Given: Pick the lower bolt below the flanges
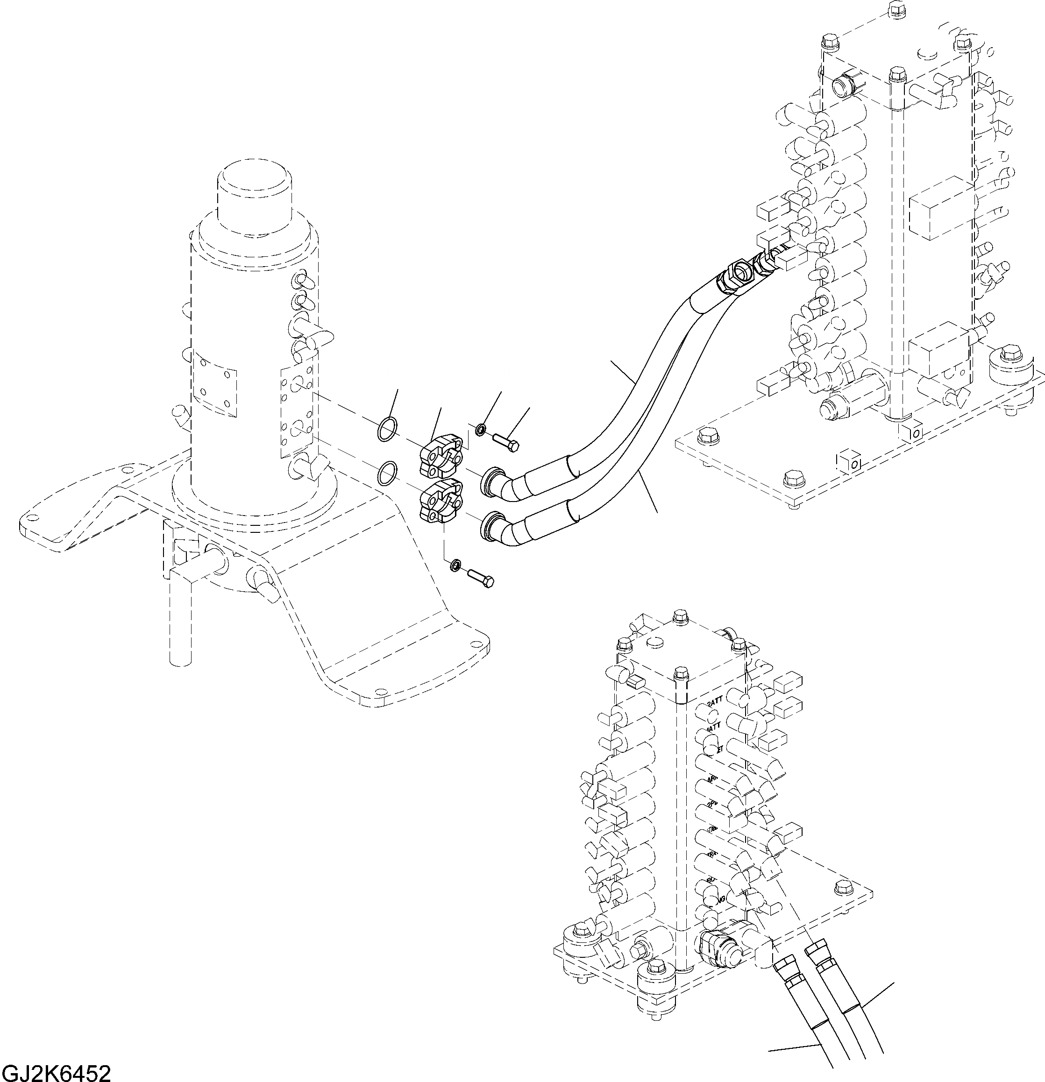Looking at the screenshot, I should tap(481, 578).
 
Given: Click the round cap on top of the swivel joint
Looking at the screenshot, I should tap(254, 193).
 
